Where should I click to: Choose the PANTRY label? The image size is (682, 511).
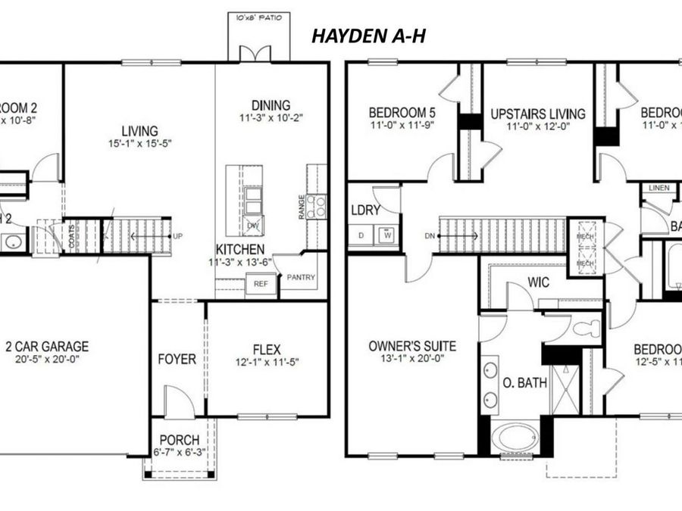tap(300, 277)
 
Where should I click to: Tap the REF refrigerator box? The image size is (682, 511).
tap(260, 284)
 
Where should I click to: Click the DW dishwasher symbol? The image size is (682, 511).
tap(253, 225)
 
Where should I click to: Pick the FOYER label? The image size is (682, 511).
tap(177, 358)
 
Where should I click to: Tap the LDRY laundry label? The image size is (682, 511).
tap(364, 210)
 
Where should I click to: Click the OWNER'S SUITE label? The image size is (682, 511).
tap(412, 346)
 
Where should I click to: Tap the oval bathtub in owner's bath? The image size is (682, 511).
tap(516, 438)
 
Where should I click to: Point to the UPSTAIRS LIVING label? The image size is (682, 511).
tap(537, 114)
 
